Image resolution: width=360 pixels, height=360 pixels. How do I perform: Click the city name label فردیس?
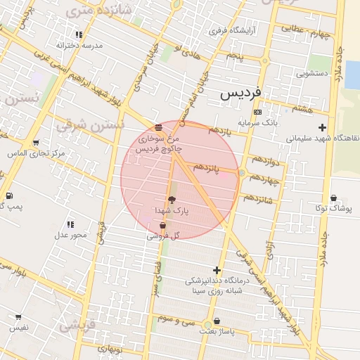[x=240, y=93]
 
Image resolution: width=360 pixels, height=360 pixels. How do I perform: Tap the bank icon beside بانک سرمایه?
[x=257, y=112]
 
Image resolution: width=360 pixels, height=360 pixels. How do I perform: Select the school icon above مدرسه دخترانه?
[x=79, y=34]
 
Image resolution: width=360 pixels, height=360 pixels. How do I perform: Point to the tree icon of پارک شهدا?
[x=172, y=199]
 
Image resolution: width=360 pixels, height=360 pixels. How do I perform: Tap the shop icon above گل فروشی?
[x=163, y=226]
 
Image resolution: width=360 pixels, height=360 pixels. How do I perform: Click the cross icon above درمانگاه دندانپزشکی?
[x=217, y=270]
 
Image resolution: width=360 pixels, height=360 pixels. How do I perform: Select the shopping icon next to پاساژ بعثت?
[x=217, y=321]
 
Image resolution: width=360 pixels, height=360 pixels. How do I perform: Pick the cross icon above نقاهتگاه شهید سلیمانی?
[x=322, y=127]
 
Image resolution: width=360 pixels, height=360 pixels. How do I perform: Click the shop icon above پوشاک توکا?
[x=333, y=198]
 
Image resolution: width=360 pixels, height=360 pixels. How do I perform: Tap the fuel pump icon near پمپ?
[x=8, y=195]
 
